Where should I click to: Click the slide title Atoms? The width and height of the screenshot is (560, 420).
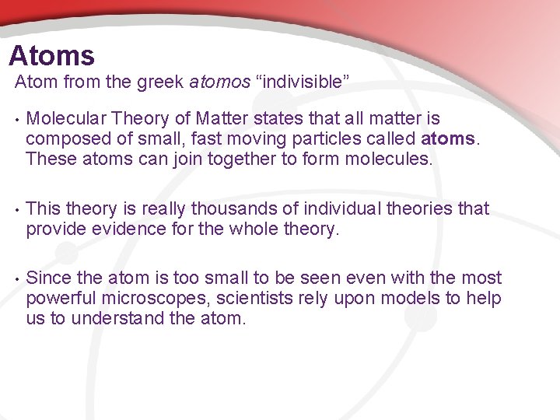click(51, 56)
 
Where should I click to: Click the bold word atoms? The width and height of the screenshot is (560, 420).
click(447, 140)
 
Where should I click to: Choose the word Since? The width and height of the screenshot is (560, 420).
click(47, 278)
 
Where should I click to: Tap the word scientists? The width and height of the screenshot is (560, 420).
click(253, 299)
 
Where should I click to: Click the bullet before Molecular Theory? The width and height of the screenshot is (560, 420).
click(14, 120)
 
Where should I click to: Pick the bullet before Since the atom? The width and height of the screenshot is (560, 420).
click(14, 279)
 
